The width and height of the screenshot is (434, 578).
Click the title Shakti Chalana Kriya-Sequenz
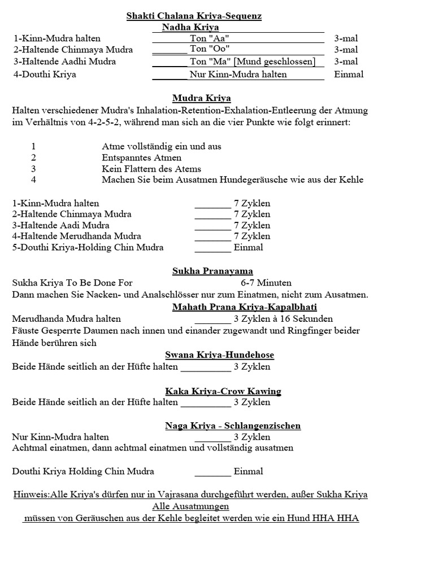(x=194, y=16)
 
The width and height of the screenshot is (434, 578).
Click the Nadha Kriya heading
(x=190, y=27)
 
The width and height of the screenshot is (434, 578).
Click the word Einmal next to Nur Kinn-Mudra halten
(x=349, y=74)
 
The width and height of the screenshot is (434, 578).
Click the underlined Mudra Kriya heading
(x=202, y=98)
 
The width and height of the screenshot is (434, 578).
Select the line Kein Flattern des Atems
(x=151, y=169)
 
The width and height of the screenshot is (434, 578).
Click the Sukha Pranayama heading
(x=212, y=272)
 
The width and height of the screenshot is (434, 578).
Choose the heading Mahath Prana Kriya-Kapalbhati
(x=244, y=307)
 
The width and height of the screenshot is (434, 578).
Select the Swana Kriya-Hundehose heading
(x=219, y=355)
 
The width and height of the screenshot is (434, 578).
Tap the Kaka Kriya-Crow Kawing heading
(x=223, y=391)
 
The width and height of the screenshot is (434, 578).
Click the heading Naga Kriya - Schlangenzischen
(x=233, y=426)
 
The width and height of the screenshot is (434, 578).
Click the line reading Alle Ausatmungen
(x=190, y=506)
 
